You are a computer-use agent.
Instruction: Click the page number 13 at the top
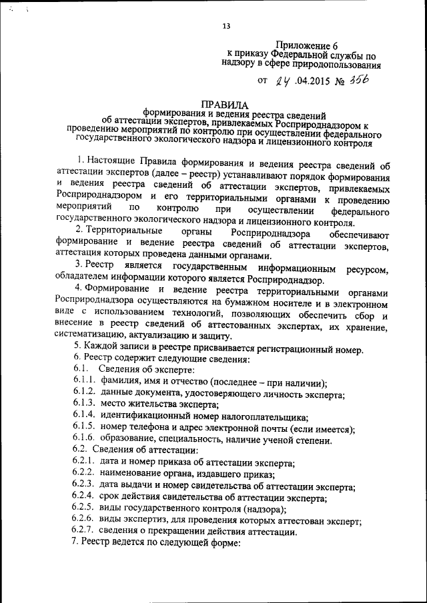click(x=226, y=26)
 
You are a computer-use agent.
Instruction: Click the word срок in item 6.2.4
click(x=110, y=497)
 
